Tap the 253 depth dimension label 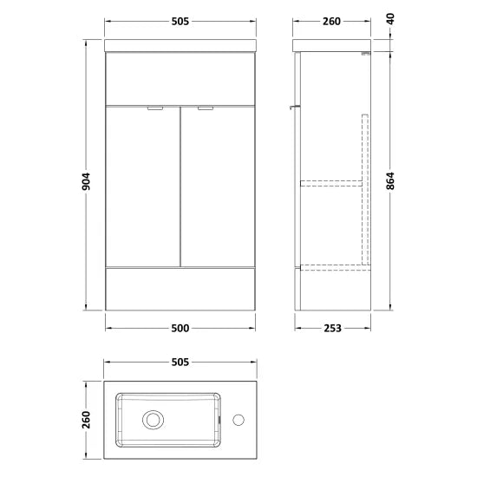(x=332, y=328)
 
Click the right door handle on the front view (x=205, y=109)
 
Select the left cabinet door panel (x=142, y=186)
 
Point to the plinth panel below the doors (x=181, y=288)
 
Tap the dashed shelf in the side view (x=330, y=183)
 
